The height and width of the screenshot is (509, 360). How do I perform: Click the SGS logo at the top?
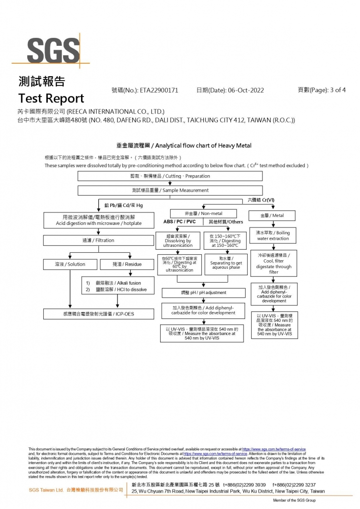pos(53,50)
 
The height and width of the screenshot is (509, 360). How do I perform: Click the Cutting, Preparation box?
pos(170,176)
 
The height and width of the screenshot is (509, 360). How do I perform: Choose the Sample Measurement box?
pos(170,190)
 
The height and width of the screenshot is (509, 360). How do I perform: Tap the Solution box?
pos(70,264)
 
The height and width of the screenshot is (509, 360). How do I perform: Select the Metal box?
pos(272,215)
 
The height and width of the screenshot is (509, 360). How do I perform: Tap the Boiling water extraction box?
pos(272,235)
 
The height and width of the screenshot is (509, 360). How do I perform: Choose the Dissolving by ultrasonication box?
pos(178,241)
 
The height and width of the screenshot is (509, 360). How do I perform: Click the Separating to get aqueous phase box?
pos(226,265)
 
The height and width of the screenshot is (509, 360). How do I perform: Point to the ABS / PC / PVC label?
pos(180,222)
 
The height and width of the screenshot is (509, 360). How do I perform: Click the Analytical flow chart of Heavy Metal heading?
pos(183,146)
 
